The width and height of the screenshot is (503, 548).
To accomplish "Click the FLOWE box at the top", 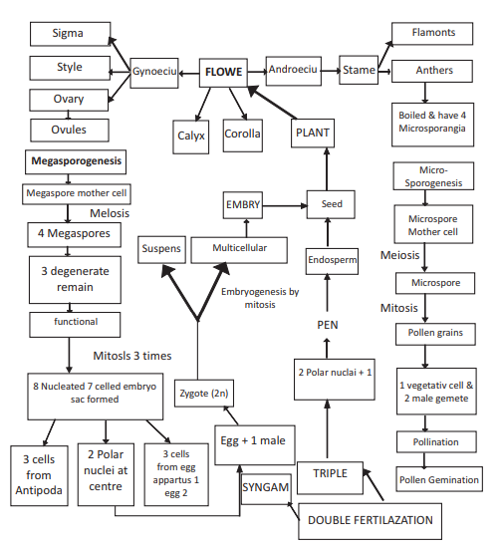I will (224, 72).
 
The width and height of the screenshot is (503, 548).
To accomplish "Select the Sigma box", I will (70, 35).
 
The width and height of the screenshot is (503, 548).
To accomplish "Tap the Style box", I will (70, 68).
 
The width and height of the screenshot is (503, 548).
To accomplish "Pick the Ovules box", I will (70, 130).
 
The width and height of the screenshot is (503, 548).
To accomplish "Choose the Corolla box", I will (242, 134).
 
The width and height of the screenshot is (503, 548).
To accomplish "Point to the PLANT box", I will (312, 133).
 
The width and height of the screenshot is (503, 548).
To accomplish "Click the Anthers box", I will (433, 71).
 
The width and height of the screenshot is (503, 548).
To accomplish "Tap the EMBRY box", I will (243, 205).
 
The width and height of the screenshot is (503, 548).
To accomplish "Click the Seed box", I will (332, 204).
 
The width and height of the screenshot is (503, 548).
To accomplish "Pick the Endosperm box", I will (332, 261).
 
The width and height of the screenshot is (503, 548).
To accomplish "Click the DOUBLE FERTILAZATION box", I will (371, 520).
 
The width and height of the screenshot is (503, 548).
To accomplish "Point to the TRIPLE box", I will (330, 473).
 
